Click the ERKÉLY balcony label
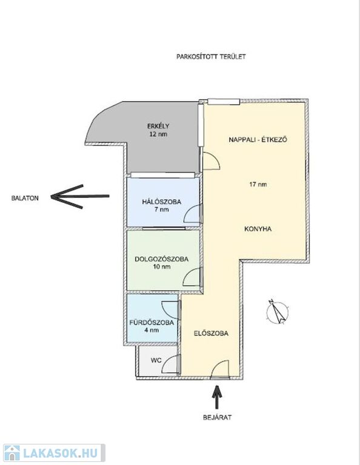point(158,126)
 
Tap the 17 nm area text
point(258,185)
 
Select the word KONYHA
point(258,229)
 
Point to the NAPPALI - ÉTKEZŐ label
point(258,140)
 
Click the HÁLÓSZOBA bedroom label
point(161,202)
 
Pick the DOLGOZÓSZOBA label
point(161,259)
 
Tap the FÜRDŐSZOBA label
point(152,323)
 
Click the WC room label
point(156,361)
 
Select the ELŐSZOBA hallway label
point(211,334)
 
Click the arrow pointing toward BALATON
point(80,196)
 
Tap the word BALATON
point(25,198)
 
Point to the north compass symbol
point(278,312)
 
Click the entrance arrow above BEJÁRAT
point(217,397)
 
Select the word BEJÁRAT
point(217,417)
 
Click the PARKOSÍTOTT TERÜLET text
point(211,57)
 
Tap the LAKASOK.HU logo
point(54,453)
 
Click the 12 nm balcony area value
point(158,134)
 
